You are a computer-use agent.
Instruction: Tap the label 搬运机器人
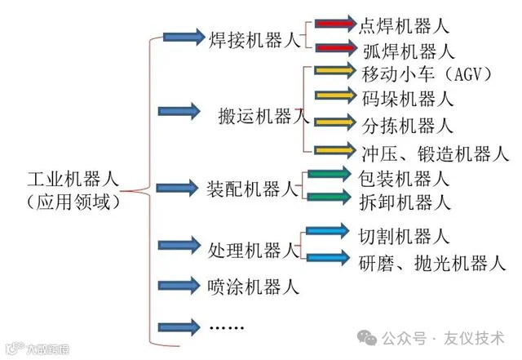click(x=263, y=115)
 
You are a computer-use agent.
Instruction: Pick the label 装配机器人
click(x=254, y=189)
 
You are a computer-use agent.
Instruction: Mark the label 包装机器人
click(x=404, y=176)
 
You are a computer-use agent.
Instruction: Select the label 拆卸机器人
click(x=404, y=201)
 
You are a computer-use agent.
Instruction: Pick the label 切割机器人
click(x=404, y=237)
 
